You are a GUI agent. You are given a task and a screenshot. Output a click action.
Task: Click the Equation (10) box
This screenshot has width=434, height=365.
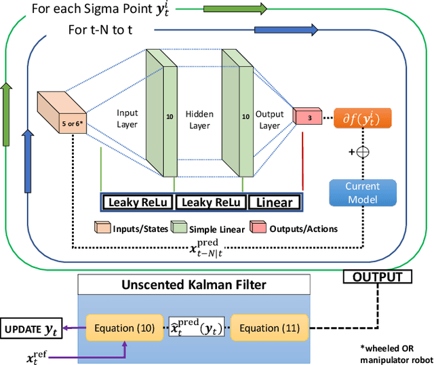click(x=125, y=328)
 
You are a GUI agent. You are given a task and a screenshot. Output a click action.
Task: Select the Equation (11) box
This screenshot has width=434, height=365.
click(x=270, y=328)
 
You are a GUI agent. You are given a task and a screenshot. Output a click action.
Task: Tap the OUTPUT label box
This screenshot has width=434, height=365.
click(x=378, y=277)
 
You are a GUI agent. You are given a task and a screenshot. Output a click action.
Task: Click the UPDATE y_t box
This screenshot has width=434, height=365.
click(x=31, y=328)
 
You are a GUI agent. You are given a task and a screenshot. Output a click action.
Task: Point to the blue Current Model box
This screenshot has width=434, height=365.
click(x=363, y=193)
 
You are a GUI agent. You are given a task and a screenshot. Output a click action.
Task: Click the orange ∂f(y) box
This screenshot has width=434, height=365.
click(x=363, y=118)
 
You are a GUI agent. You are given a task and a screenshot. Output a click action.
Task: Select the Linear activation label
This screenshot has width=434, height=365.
click(x=274, y=202)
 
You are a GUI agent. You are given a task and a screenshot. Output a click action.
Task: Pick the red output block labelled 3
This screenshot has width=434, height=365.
click(x=307, y=116)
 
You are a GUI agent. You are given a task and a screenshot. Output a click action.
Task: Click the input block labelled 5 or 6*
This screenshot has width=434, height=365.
click(x=62, y=112)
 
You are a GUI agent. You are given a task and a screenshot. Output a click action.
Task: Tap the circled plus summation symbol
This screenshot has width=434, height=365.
click(x=363, y=152)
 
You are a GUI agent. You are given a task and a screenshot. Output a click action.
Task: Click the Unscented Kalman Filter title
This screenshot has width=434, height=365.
click(x=194, y=285)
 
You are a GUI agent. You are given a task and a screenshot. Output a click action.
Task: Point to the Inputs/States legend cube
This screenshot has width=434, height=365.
click(x=102, y=227)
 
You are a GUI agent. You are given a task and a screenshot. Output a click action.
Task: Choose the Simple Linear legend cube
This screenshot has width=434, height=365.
click(x=179, y=227)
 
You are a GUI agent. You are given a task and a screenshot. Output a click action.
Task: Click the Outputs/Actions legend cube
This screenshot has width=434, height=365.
click(x=258, y=227)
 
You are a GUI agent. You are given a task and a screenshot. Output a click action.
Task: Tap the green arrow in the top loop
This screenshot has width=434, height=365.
click(x=235, y=9)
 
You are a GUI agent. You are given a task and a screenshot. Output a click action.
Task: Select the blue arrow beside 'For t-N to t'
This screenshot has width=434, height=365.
click(x=286, y=30)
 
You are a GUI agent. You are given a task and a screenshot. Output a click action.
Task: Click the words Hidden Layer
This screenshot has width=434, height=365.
click(x=199, y=119)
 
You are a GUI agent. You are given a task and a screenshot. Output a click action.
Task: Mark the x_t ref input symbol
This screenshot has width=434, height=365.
click(x=37, y=358)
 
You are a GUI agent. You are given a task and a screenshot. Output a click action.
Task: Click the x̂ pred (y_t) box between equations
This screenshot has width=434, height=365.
click(x=197, y=327)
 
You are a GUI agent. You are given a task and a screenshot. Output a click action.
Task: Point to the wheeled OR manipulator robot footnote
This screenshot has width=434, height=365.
click(x=396, y=354)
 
